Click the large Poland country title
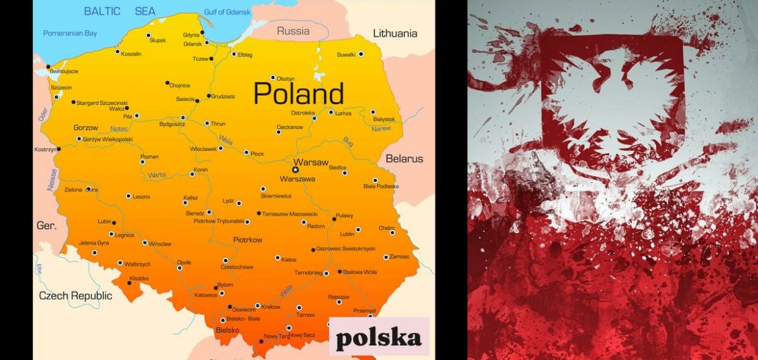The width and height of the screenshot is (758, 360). point(298,94)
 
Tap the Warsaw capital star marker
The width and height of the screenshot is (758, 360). point(295,170)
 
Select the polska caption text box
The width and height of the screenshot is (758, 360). point(378,337)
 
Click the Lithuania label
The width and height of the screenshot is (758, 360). point(395,34)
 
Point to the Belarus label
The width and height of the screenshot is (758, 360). point(404,159)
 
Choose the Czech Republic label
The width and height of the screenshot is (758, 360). point(75,296)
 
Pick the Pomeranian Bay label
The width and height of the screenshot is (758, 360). point(69,33)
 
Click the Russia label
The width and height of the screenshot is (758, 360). point(293,31)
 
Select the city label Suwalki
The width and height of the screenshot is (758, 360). point(347,54)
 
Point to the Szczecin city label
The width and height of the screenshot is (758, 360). point(62,87)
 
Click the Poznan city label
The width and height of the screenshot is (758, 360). point(150,157)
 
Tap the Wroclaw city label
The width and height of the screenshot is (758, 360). point(159,244)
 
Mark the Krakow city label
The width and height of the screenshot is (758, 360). point(271,306)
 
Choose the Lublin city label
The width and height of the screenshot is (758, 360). point(347,233)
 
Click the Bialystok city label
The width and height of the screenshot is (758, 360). point(384,119)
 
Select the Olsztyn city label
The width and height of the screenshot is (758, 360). point(286,78)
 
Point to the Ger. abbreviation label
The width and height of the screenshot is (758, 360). point(46,226)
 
